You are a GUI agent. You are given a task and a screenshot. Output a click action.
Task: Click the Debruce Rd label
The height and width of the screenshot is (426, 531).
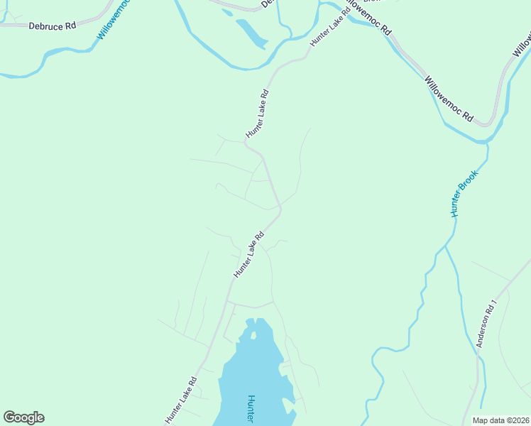pyautogui.click(x=53, y=26)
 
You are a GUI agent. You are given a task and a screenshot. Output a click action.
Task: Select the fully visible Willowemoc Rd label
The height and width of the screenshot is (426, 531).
pyautogui.click(x=449, y=99)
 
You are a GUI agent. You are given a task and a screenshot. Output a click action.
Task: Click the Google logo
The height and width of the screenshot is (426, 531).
pyautogui.click(x=23, y=417)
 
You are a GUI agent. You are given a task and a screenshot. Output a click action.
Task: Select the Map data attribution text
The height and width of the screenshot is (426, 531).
pyautogui.click(x=501, y=420)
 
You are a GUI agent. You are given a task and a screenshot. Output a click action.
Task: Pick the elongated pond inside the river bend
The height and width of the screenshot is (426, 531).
pyautogui.click(x=251, y=33)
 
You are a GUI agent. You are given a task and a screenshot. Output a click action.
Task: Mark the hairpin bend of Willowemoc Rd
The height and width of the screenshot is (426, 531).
pyautogui.click(x=488, y=123)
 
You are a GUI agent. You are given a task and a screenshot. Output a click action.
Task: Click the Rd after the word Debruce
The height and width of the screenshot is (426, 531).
pyautogui.click(x=70, y=26)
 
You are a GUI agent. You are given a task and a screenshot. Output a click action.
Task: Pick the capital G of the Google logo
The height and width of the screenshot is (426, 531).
pyautogui.click(x=10, y=417)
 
